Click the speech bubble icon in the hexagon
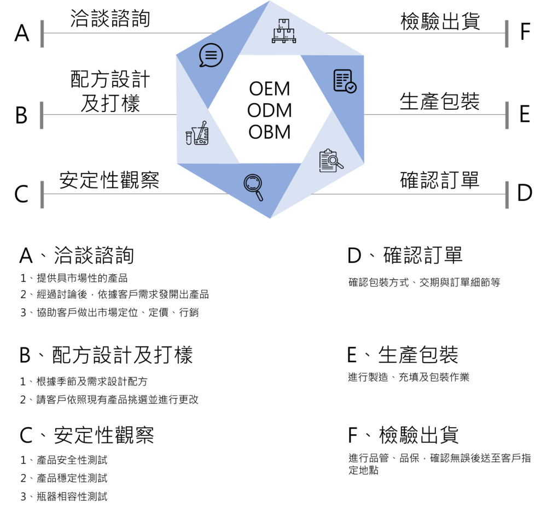coord(211,55)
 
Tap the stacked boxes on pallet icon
coord(283,31)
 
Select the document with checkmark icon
coord(345,81)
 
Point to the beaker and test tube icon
coord(197,133)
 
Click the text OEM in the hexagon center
coord(269,88)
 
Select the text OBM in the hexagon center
coord(269,132)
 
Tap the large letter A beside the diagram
coord(22,33)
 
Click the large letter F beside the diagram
coord(525,31)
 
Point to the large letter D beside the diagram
coord(525,193)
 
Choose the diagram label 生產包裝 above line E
coord(440,102)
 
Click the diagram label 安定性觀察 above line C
coord(109,180)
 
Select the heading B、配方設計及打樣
coord(106,355)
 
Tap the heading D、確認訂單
coord(405,255)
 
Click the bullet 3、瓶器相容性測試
coord(64,496)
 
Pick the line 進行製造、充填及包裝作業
coord(409,377)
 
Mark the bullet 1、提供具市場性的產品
coord(74,278)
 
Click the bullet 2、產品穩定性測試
coord(64,478)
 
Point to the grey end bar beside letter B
coord(42,115)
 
